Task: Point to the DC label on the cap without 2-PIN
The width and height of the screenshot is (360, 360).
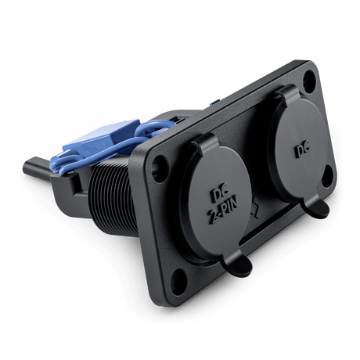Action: (302, 149)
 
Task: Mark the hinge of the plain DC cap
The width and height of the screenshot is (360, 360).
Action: (286, 94)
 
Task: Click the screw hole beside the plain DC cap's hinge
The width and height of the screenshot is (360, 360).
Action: (310, 80)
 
